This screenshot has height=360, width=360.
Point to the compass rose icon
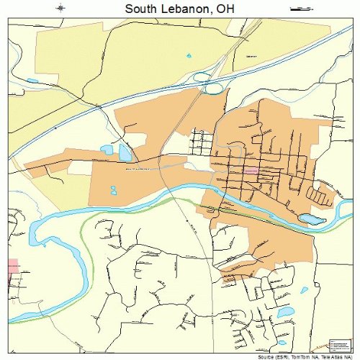(62, 9)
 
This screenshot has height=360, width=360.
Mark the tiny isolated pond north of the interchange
(189, 55)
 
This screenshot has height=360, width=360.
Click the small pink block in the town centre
(251, 171)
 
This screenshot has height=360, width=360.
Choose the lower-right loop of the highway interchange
(213, 89)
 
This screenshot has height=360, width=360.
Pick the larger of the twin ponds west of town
(125, 153)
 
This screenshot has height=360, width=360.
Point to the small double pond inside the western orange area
(113, 191)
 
